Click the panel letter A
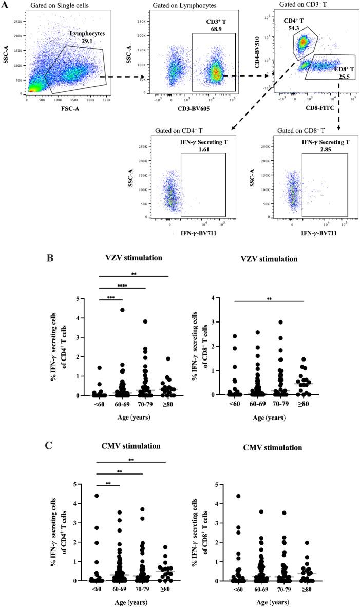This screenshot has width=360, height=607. pyautogui.click(x=6, y=5)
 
